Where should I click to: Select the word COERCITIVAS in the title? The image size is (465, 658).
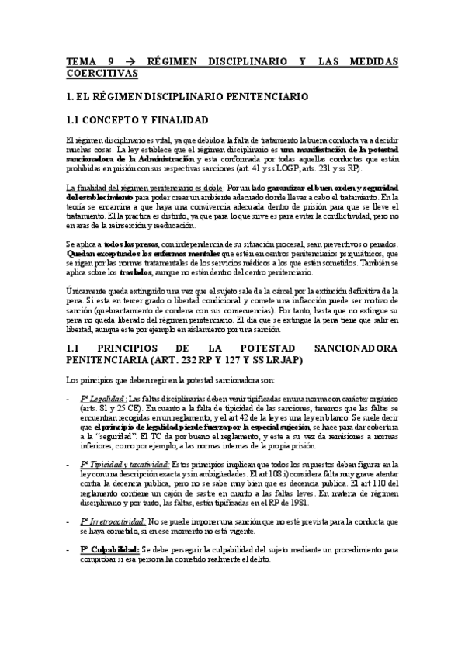pyautogui.click(x=101, y=74)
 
